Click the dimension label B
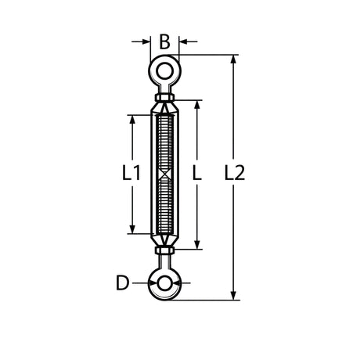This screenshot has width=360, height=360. point(164,42)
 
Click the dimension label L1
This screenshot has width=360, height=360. point(131,173)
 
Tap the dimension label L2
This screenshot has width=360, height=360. point(235,173)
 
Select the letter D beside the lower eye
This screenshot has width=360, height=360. point(122,283)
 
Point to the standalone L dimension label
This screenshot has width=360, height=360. point(197,173)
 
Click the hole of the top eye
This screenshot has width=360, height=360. point(164,71)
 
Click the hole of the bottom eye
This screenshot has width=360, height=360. point(164,283)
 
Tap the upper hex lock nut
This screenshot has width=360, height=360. point(164,98)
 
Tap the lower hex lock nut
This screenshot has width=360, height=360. point(164,250)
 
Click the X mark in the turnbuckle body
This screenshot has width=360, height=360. point(164,175)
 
